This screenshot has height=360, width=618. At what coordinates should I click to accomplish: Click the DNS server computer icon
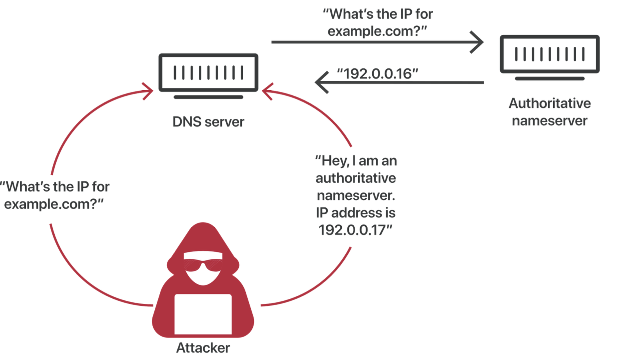pos(208,73)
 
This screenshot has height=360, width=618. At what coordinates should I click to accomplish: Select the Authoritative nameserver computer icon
pos(549,54)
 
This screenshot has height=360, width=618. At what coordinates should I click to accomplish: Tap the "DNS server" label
pos(208,122)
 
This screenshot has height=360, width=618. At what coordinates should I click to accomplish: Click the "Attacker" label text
pos(203,348)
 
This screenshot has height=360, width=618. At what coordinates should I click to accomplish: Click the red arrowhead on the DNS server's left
pos(149,91)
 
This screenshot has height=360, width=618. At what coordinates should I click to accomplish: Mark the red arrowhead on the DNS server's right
pos(267,91)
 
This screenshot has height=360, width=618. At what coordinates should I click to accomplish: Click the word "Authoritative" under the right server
pos(549,103)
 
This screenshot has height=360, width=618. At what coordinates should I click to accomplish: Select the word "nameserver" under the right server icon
pos(549,121)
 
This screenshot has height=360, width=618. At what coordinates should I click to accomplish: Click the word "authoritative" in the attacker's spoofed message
pos(355,178)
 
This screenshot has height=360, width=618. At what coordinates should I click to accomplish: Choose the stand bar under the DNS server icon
pos(208,97)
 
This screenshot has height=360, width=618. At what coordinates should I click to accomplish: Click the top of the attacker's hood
pos(203,226)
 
